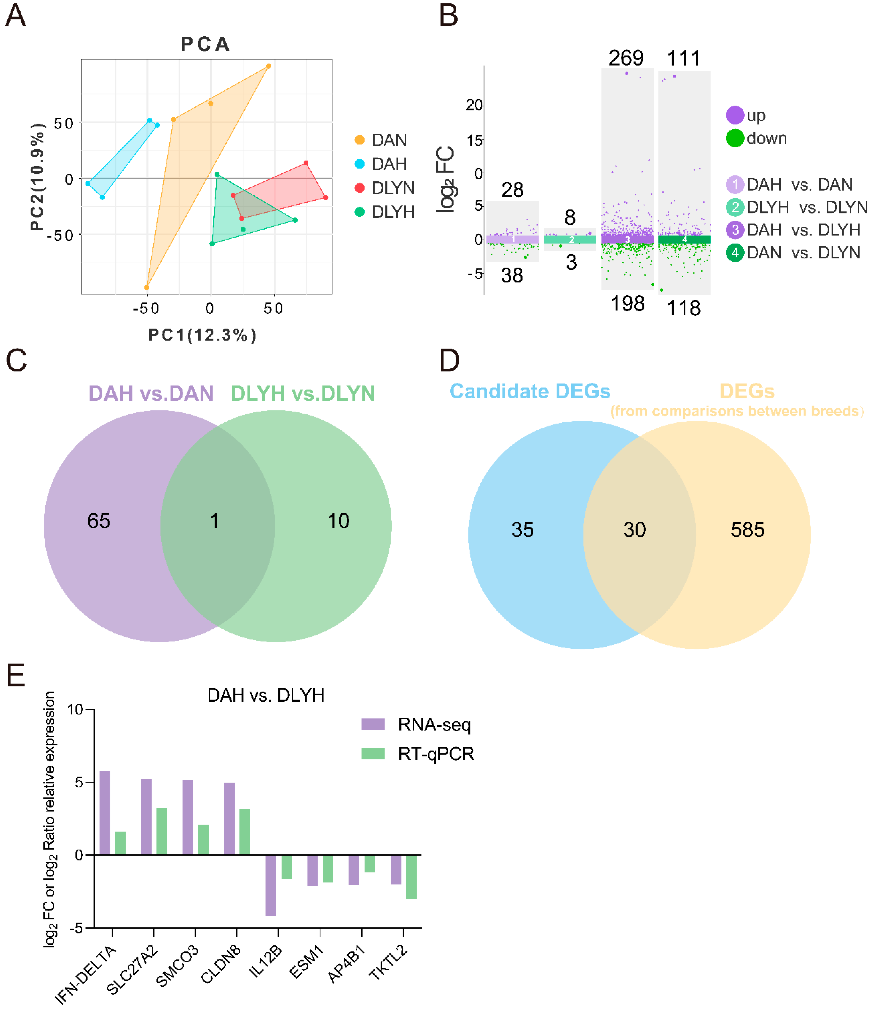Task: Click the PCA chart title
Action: [x=205, y=44]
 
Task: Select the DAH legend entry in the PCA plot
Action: [x=388, y=164]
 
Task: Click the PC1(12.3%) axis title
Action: [x=202, y=335]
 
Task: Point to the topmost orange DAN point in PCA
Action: [x=268, y=66]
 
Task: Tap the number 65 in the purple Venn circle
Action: [x=99, y=521]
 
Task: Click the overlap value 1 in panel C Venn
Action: [x=214, y=521]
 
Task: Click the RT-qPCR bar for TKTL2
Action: [x=411, y=876]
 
